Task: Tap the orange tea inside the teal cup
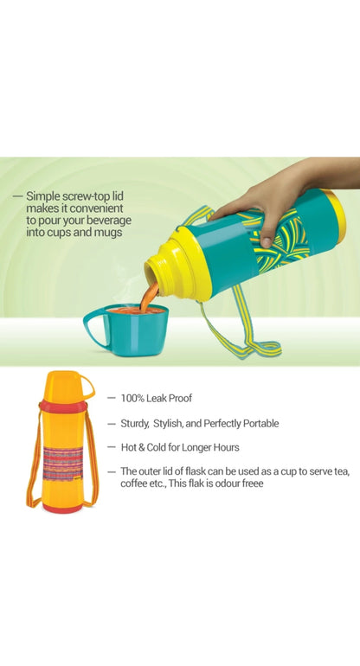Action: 136,311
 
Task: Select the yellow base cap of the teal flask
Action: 335,216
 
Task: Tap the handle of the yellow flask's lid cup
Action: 87,387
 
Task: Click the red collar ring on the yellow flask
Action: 63,407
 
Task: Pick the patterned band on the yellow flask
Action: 63,464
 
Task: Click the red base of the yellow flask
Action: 62,508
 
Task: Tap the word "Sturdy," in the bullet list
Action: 135,424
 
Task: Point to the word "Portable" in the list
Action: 261,424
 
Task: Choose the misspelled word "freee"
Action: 252,483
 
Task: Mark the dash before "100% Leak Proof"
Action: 112,399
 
